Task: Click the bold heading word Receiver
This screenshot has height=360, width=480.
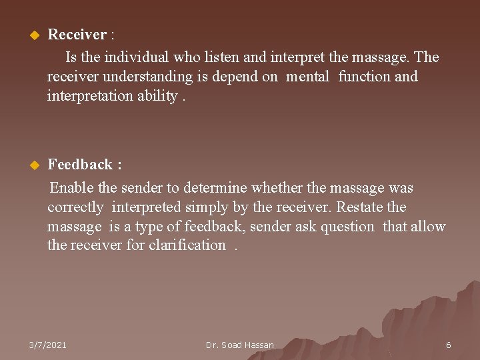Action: coord(77,34)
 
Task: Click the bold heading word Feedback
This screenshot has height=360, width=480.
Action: coord(80,164)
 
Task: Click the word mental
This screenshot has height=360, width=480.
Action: coord(307,77)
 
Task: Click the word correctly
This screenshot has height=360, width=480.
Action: coord(75,207)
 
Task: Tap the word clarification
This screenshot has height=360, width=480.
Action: coord(187,245)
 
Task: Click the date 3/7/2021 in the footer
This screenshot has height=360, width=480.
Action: coord(47,345)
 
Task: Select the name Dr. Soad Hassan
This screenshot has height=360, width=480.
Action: coord(240,345)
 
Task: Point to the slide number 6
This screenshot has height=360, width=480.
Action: coord(449,345)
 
